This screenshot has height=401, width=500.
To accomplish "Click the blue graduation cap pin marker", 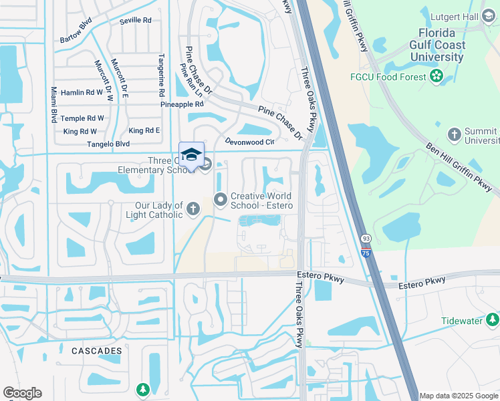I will [x=192, y=154].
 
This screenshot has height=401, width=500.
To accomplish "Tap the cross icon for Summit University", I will [x=454, y=134].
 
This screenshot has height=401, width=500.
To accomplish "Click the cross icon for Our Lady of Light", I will [x=193, y=209].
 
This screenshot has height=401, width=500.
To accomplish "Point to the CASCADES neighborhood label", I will [x=98, y=350].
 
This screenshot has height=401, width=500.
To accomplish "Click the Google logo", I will [x=22, y=393].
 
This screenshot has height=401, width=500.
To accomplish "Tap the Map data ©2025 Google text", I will [x=458, y=396].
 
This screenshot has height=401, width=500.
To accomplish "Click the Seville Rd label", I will [x=136, y=21].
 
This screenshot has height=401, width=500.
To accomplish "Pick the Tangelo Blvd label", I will [x=108, y=144].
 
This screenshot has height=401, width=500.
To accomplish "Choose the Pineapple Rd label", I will [x=181, y=105].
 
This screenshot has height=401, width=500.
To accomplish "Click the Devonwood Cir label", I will [x=250, y=142].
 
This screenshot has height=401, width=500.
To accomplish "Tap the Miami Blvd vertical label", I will [x=53, y=104].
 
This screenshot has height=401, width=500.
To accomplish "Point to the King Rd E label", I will [x=144, y=130].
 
